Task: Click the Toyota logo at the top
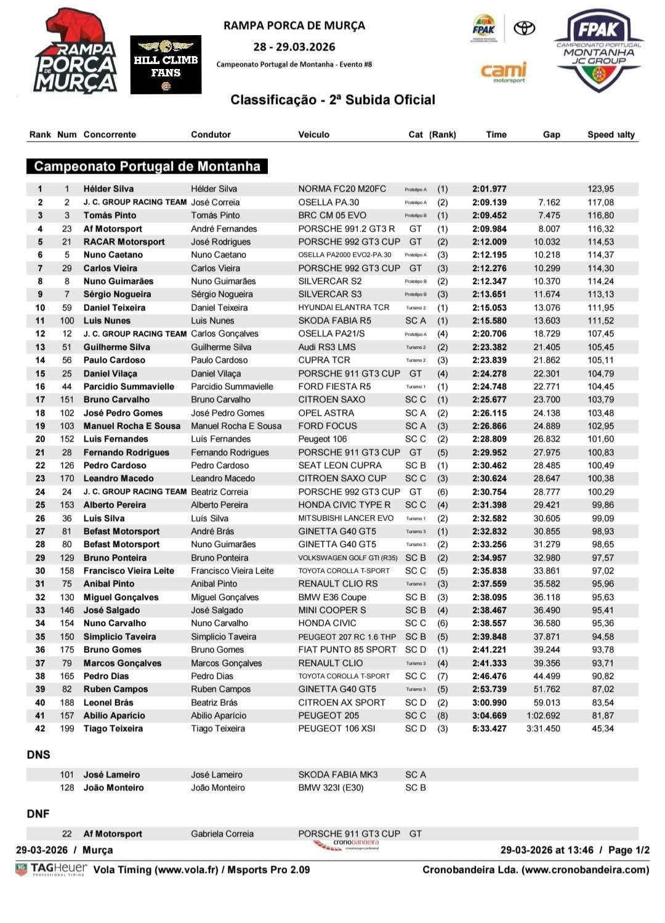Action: (x=524, y=28)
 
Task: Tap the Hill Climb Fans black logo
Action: (x=166, y=65)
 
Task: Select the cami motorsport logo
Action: (x=504, y=72)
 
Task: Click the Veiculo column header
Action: (x=313, y=134)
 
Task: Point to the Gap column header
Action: (x=551, y=134)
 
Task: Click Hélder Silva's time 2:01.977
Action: (x=490, y=189)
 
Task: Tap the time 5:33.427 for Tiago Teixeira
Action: (x=490, y=729)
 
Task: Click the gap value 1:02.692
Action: (x=543, y=716)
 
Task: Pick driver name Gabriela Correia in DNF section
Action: (x=222, y=834)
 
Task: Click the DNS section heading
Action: (x=38, y=755)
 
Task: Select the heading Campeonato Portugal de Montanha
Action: (x=147, y=166)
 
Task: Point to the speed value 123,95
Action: (x=600, y=189)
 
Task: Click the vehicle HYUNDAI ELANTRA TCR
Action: (x=344, y=307)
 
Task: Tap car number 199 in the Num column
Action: (x=66, y=729)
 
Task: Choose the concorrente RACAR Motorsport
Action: (x=124, y=242)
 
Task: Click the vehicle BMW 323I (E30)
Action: (x=331, y=788)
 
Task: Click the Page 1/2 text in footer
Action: (x=629, y=850)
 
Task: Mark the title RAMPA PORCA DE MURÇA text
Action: (x=294, y=26)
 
